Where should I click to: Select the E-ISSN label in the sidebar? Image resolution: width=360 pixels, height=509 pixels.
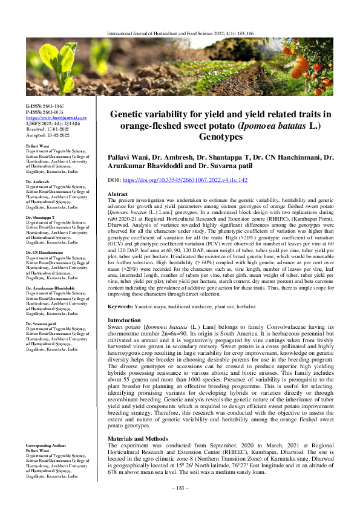tap(35, 106)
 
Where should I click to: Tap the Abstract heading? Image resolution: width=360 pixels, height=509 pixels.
tap(117, 177)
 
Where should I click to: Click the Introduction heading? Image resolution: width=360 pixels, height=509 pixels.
tap(123, 320)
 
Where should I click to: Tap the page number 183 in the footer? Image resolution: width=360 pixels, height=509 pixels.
tap(180, 488)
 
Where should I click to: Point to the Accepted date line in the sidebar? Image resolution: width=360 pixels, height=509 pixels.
tap(46, 135)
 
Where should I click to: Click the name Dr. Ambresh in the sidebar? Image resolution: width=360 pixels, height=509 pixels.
tap(39, 181)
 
